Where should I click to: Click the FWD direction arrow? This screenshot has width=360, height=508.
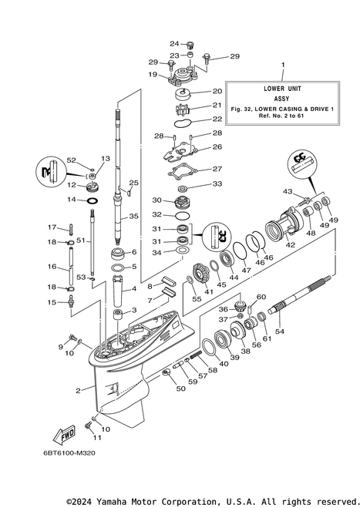pyautogui.click(x=65, y=435)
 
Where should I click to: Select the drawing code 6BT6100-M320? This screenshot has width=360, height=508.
pyautogui.click(x=69, y=453)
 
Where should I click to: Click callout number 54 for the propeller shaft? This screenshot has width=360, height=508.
pyautogui.click(x=279, y=331)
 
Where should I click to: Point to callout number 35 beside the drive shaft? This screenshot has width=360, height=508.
pyautogui.click(x=133, y=217)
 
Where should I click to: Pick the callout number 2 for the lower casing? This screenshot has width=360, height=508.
pyautogui.click(x=78, y=391)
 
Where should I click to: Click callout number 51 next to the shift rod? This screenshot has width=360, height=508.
pyautogui.click(x=81, y=240)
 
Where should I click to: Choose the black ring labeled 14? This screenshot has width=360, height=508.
pyautogui.click(x=93, y=200)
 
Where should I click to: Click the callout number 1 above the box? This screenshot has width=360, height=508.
pyautogui.click(x=283, y=65)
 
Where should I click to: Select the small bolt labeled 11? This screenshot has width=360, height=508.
pyautogui.click(x=87, y=426)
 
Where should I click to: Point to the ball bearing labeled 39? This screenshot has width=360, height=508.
pyautogui.click(x=223, y=341)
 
